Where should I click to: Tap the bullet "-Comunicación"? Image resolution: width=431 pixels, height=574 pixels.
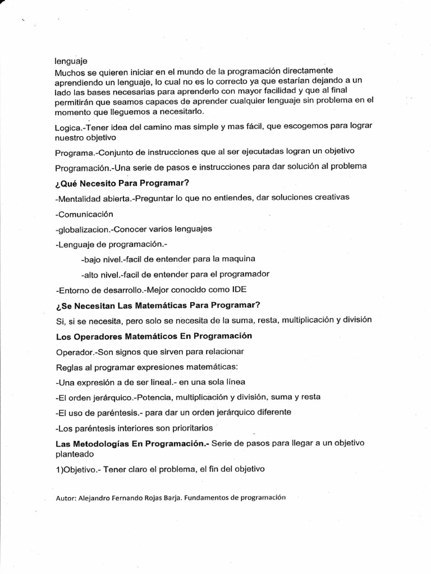tap(85, 214)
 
